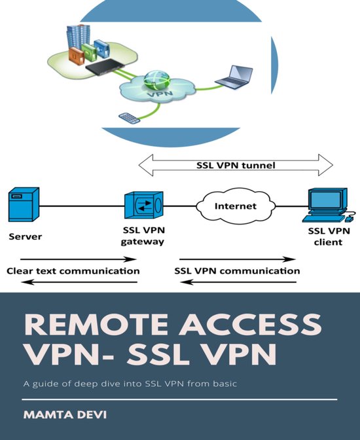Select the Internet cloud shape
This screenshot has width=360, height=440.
pos(234,206)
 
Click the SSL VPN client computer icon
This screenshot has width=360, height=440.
pos(327,206)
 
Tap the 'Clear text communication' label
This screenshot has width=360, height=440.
pos(73,270)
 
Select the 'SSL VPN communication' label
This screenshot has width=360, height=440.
pos(237,270)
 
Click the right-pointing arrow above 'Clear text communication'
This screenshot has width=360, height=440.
pos(73,259)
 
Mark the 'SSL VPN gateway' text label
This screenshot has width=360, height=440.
pos(143,237)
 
